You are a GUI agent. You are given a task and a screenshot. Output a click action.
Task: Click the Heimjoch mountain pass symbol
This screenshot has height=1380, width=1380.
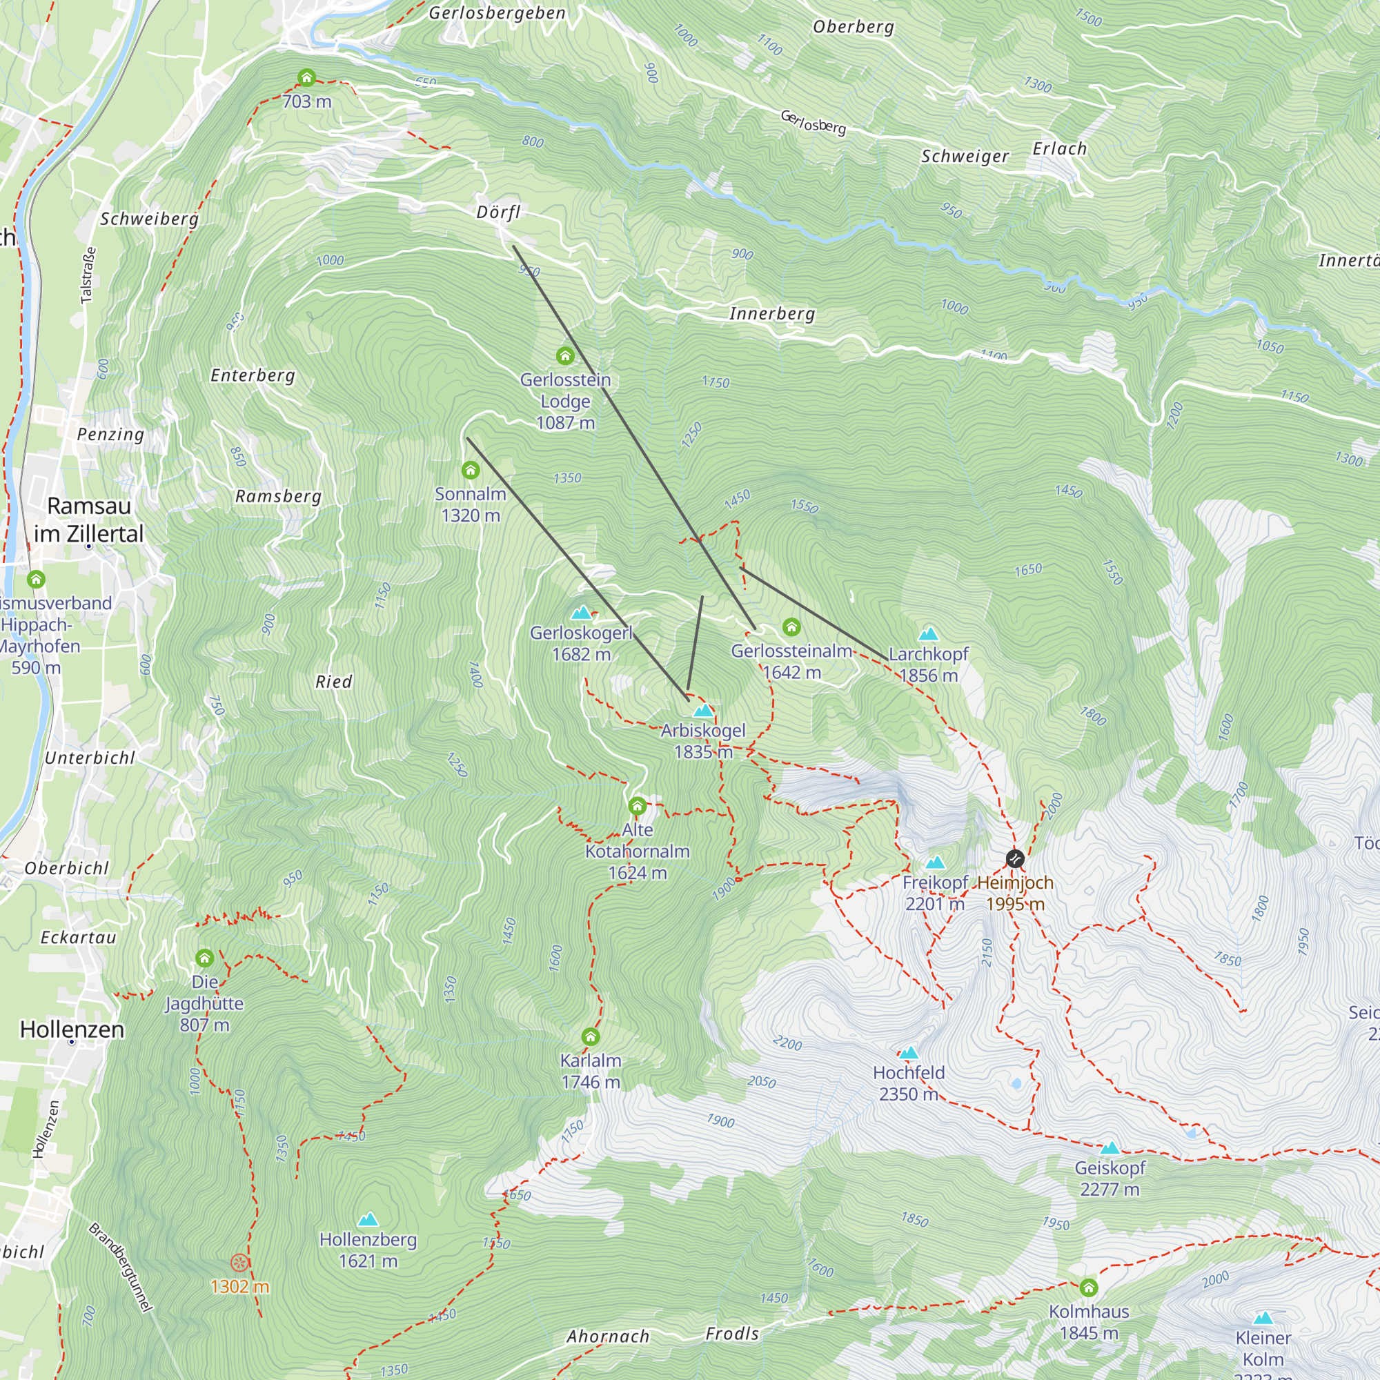[1015, 858]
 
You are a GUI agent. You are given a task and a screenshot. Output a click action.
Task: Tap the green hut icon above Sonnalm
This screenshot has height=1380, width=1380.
[470, 470]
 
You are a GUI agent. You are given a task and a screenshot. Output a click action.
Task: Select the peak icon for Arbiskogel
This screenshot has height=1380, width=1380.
[704, 710]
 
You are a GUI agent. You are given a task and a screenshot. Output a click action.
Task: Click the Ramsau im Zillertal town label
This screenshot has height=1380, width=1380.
[89, 520]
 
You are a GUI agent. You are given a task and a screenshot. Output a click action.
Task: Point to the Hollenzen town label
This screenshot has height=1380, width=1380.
[72, 1029]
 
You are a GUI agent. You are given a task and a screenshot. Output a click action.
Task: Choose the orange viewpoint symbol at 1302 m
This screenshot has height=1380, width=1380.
[239, 1263]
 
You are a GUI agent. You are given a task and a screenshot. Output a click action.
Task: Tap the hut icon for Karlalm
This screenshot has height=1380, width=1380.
[590, 1036]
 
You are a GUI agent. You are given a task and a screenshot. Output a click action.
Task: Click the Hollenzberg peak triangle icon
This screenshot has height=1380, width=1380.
[368, 1219]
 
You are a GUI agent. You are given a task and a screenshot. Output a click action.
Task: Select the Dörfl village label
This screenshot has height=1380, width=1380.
[498, 212]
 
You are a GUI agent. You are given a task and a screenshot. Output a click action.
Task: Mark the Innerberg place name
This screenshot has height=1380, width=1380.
[771, 313]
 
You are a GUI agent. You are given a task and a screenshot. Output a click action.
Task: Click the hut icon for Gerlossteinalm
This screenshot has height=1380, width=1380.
[791, 627]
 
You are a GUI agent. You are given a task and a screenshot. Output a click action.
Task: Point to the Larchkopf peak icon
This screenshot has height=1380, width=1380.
[928, 633]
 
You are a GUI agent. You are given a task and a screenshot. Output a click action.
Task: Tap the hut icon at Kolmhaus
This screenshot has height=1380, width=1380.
[1088, 1287]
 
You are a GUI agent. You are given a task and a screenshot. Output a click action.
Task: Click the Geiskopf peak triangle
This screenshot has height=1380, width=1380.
[1110, 1148]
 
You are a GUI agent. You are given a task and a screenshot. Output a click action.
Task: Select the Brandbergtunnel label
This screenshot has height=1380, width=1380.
[121, 1267]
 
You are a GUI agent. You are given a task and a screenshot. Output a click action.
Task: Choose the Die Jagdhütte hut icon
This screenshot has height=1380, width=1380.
[204, 958]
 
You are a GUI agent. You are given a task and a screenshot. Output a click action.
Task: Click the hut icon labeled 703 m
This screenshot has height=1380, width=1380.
[306, 77]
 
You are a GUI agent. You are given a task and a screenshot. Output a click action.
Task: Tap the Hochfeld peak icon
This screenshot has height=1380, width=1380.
[908, 1053]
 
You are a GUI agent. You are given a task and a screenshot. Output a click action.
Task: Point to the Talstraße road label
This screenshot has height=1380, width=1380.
[88, 275]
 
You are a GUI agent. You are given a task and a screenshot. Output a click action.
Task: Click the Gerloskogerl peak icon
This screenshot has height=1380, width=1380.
[582, 613]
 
